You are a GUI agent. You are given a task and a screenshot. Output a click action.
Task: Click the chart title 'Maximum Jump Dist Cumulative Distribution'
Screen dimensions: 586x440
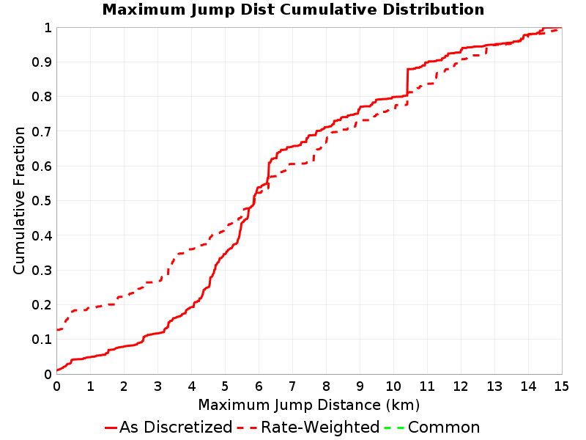point(293,10)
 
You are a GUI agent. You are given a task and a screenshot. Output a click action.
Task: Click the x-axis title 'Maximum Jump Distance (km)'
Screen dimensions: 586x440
point(308,405)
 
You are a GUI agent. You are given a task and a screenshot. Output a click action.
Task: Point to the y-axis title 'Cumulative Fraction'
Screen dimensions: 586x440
point(19,200)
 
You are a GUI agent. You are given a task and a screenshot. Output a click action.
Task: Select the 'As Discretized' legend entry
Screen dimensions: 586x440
point(168,428)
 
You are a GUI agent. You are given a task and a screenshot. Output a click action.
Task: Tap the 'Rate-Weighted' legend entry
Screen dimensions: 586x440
point(308,428)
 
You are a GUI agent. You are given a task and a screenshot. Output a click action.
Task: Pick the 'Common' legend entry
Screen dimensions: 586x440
point(431,428)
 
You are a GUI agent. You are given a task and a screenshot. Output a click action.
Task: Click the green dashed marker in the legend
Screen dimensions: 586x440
point(394,428)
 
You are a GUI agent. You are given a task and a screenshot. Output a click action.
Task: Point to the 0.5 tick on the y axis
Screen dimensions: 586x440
point(42,201)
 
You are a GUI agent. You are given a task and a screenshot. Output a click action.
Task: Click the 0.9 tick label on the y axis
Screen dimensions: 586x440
point(42,62)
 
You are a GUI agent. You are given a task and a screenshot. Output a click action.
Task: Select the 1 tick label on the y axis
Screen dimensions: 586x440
point(48,27)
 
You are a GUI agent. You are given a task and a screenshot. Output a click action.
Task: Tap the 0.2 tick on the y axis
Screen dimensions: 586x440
point(42,305)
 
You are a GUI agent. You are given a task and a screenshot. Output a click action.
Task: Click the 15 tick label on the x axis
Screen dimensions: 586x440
point(561,386)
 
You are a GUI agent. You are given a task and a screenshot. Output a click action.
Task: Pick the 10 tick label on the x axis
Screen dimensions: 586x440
point(393,386)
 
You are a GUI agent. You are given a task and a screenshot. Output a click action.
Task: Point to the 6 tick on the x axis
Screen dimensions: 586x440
point(259,386)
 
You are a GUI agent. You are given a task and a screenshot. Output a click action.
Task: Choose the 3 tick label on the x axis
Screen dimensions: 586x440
point(157,386)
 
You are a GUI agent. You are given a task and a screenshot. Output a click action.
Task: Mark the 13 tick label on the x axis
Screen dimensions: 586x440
point(494,386)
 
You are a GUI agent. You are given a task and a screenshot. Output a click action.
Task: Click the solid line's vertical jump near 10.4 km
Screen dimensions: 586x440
point(407,82)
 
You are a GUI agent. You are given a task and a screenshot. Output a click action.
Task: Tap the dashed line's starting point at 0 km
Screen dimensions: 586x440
point(57,329)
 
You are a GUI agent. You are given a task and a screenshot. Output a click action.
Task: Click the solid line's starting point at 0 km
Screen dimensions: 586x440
point(57,370)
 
